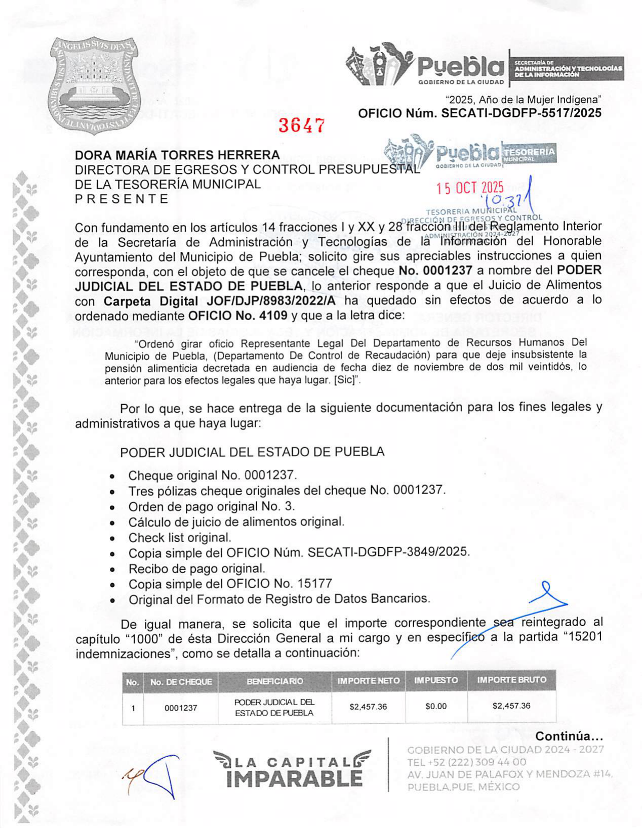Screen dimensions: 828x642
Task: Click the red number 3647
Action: [301, 125]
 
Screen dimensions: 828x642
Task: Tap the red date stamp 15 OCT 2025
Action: [469, 188]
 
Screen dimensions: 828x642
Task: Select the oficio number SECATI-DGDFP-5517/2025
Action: [521, 113]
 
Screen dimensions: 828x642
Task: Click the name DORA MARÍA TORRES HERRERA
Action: [177, 155]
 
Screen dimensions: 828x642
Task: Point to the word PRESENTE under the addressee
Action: [122, 199]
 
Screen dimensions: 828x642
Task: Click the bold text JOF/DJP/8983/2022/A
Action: [271, 301]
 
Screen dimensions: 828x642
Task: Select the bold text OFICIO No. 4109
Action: [237, 316]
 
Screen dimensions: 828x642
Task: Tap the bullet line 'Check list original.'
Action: [180, 538]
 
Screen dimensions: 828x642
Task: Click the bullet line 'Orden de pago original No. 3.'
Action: [211, 506]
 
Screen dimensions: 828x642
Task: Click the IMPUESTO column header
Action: [436, 681]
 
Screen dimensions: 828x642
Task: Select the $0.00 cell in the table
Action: [436, 706]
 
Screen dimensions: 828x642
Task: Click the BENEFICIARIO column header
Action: [275, 681]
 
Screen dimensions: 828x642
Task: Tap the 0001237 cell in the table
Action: [181, 708]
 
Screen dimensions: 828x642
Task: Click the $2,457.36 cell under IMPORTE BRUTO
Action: [511, 706]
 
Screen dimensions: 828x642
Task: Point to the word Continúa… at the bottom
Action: [569, 736]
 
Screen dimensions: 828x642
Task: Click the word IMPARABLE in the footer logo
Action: [295, 778]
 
